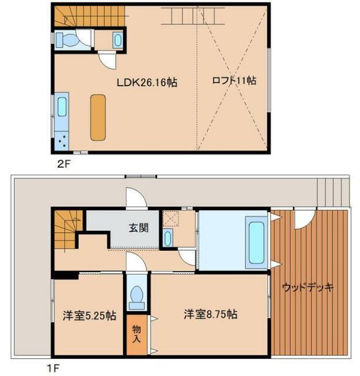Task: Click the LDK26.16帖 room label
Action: coord(146,82)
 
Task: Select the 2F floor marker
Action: coord(63,163)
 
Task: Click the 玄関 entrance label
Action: coord(138,228)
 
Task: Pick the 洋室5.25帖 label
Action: coord(89,315)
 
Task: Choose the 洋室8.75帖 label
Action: coord(211,314)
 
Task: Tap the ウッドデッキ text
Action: coord(308,288)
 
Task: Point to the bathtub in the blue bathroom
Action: coord(255,241)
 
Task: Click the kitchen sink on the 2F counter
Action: coord(63,107)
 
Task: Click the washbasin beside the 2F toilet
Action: coord(118,40)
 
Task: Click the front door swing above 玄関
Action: coord(136,199)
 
